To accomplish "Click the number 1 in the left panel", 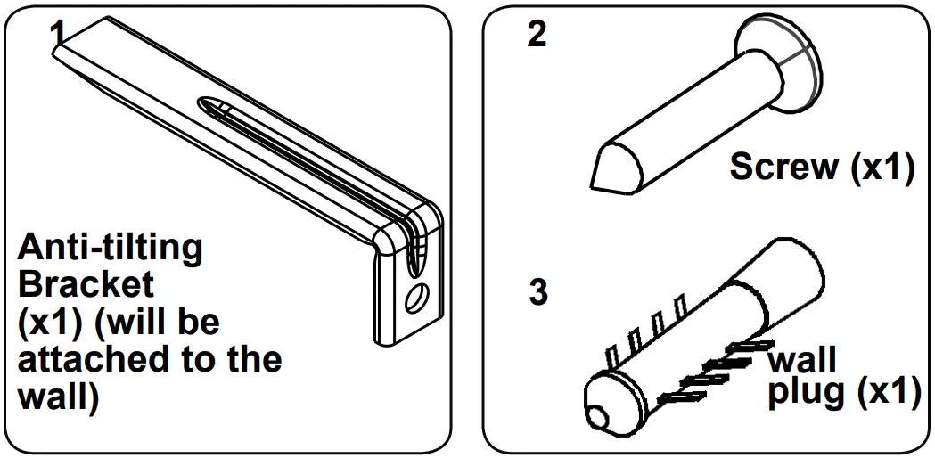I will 58,33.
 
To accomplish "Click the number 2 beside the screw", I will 537,35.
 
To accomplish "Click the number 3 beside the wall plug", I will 538,292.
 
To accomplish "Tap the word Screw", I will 782,167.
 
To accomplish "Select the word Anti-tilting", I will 110,247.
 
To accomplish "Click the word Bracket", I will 86,285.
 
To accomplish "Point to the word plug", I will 805,393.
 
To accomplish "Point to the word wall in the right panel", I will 801,360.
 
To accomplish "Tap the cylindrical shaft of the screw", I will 686,116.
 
